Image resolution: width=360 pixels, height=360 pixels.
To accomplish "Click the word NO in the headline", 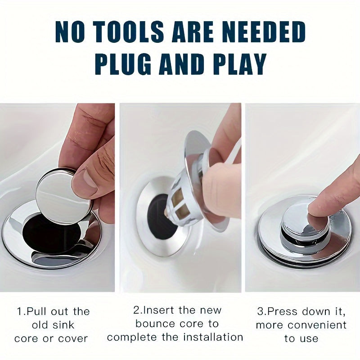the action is (x=68, y=31).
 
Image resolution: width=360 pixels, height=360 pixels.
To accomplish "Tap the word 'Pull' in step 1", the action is (x=36, y=311).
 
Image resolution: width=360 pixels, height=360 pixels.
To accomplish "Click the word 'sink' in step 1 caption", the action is (x=63, y=325).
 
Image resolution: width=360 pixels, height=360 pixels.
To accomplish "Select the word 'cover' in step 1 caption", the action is (x=73, y=339).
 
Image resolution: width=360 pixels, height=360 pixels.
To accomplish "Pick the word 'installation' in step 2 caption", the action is (x=213, y=337).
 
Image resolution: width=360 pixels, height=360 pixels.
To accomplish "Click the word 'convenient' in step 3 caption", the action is (x=317, y=325).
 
